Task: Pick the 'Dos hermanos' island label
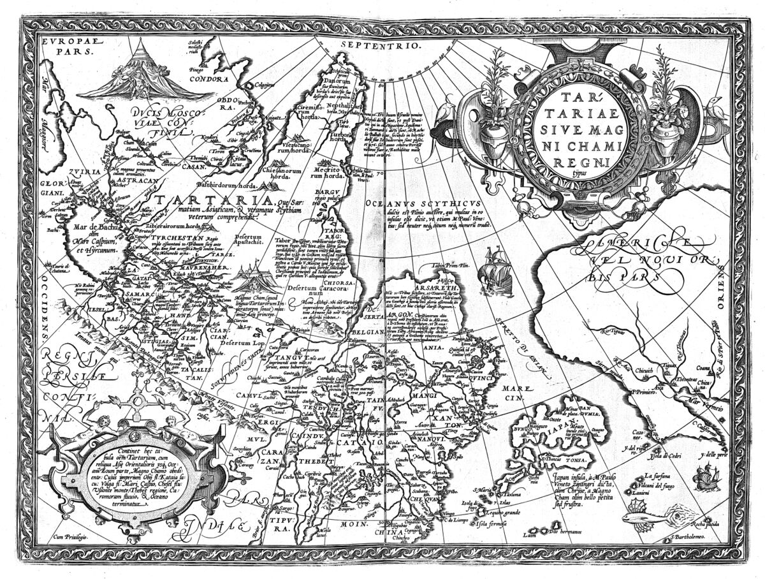tap(564, 532)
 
